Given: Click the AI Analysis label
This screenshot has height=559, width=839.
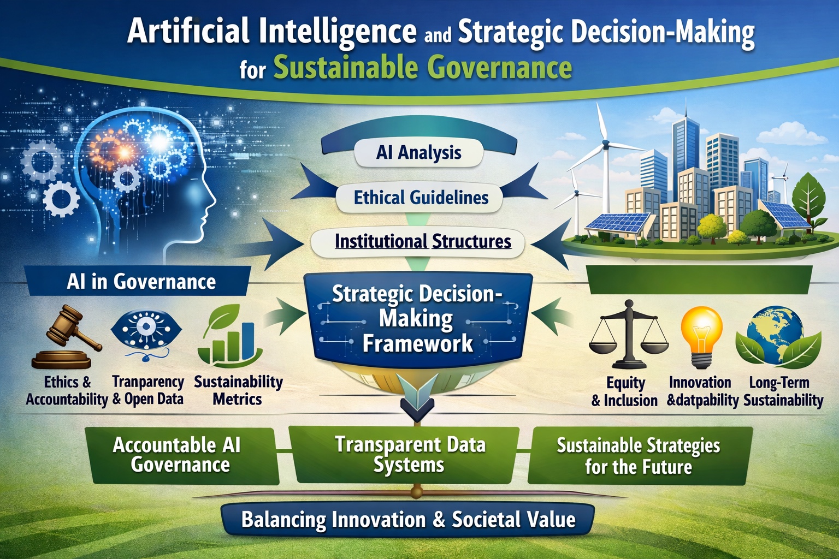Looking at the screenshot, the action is coord(419,153).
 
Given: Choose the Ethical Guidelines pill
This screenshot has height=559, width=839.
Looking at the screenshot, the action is coord(420,198).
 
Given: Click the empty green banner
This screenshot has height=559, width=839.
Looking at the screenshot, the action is coord(700,279).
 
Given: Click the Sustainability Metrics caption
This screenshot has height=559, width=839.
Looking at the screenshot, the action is coord(238,390).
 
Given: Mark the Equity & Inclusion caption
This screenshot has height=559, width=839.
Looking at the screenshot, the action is coord(624,391).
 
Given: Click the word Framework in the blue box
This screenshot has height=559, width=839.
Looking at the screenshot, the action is coord(418,344).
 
